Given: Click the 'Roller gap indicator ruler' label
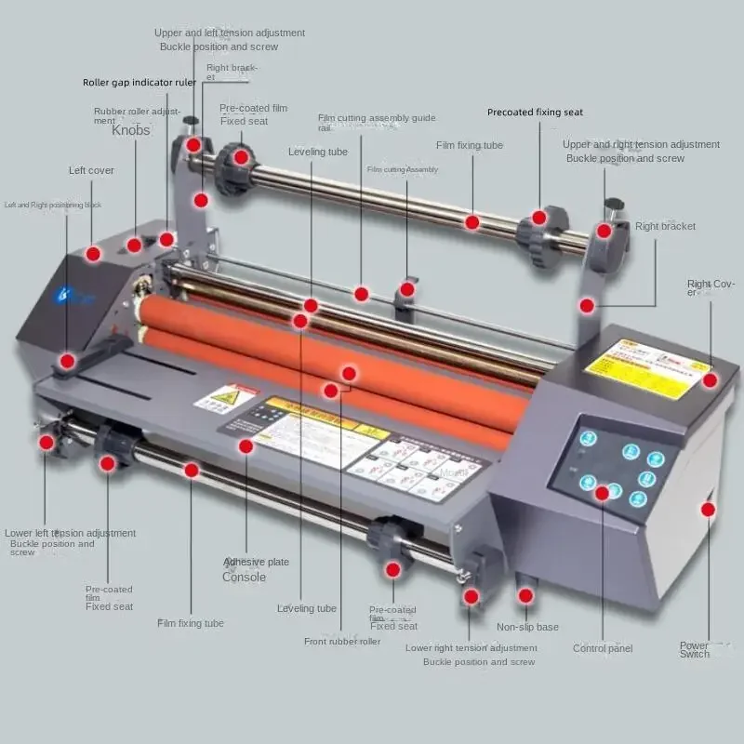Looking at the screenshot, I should click(x=139, y=83).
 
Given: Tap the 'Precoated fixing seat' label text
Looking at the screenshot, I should click(x=535, y=113).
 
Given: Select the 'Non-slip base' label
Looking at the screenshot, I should click(x=527, y=627).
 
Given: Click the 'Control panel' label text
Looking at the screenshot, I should click(x=603, y=648).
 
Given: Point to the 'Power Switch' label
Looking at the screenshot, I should click(x=694, y=649).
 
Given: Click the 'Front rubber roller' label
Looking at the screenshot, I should click(x=342, y=642).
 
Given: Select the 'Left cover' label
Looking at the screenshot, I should click(x=91, y=171).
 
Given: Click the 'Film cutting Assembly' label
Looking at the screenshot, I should click(x=402, y=170).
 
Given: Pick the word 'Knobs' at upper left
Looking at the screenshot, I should click(x=130, y=131).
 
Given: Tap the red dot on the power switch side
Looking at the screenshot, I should click(x=708, y=509).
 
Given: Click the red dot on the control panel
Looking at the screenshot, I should click(x=602, y=491).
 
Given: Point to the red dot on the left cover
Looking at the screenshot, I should click(x=93, y=253).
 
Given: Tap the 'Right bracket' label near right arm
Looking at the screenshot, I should click(x=665, y=226).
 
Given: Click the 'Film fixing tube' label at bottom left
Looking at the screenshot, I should click(x=190, y=623).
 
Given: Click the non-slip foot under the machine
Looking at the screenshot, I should click(x=526, y=595).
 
